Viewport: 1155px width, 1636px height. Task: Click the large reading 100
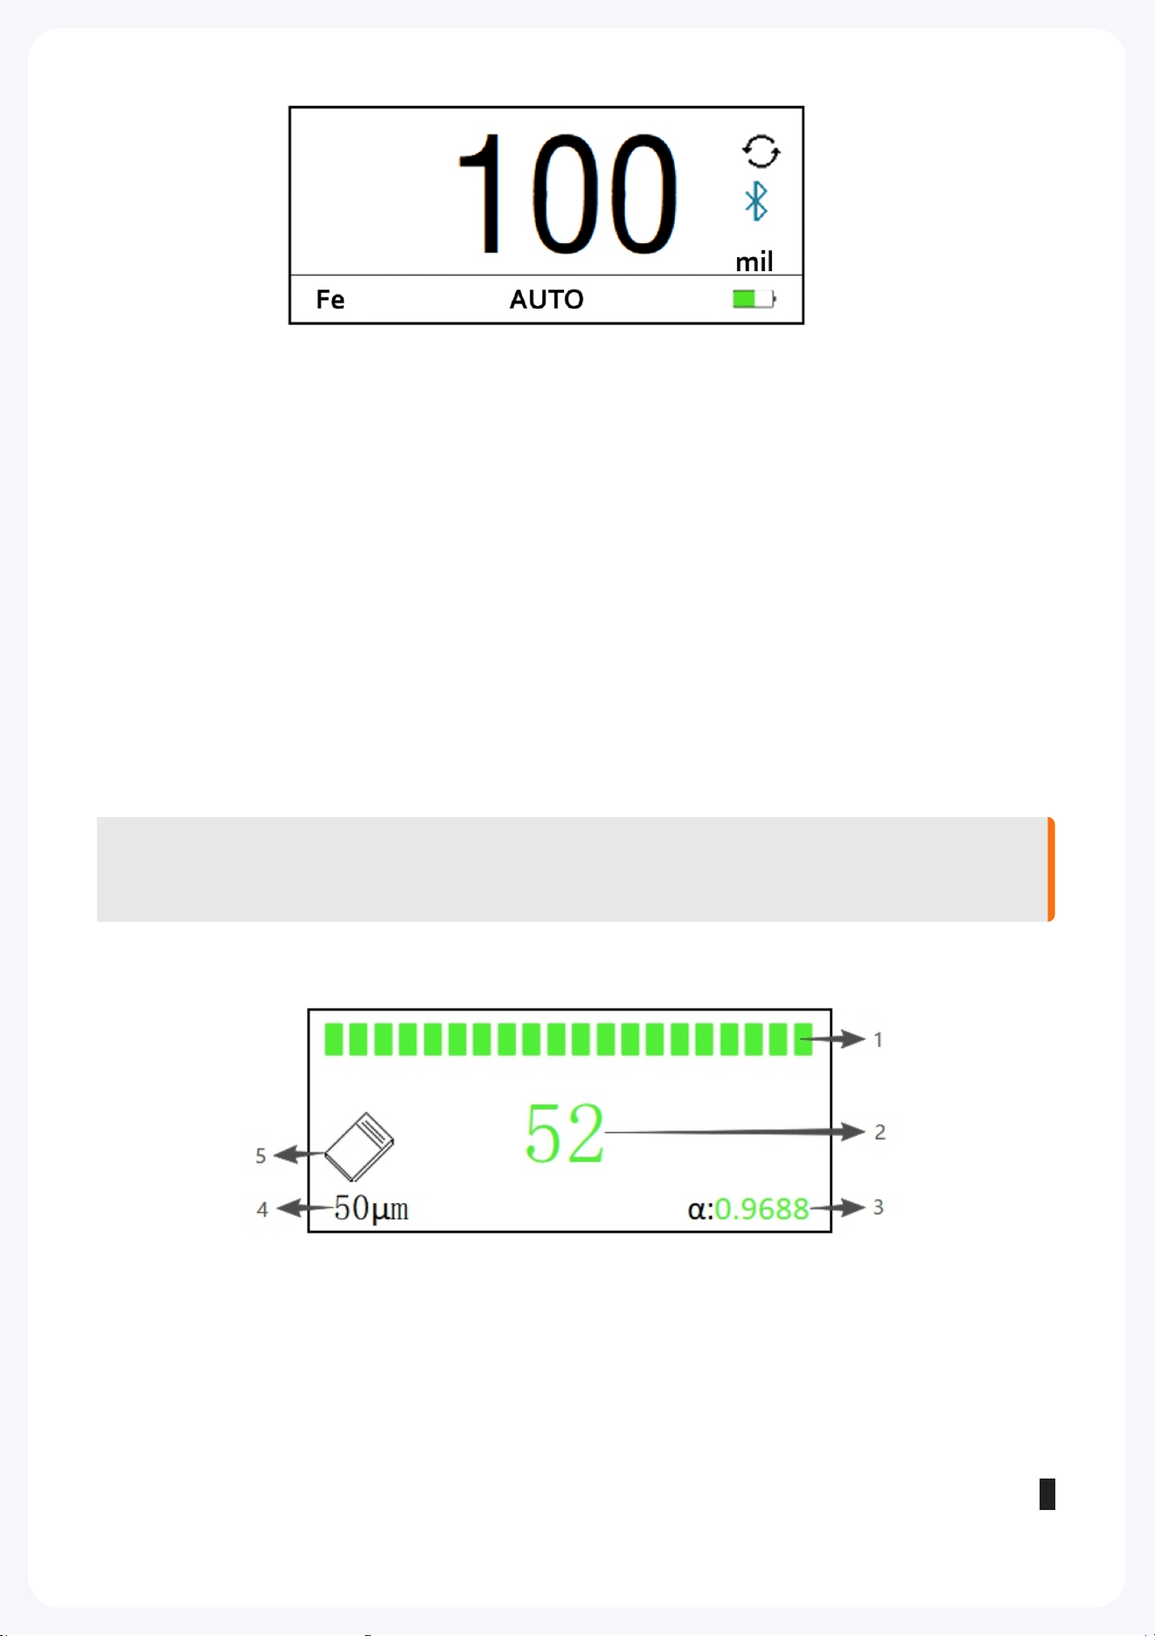point(567,193)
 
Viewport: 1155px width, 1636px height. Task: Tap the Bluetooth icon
point(755,201)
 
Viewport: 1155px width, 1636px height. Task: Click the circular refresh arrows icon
point(761,151)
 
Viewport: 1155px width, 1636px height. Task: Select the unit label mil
point(754,262)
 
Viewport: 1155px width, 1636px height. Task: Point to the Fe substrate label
point(330,300)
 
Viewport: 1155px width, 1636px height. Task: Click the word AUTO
point(546,300)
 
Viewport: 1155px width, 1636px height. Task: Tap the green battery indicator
point(754,299)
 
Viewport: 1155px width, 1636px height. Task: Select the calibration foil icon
point(359,1146)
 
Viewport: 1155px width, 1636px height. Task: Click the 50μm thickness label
point(371,1208)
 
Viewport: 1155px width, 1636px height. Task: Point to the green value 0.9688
point(762,1209)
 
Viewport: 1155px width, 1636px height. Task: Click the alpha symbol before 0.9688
point(696,1210)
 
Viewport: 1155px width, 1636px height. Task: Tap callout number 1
point(878,1040)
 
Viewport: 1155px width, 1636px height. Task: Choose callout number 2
point(880,1132)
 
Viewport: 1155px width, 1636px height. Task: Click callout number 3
point(879,1207)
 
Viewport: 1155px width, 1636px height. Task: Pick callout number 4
point(262,1210)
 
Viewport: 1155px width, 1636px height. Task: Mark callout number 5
point(261,1156)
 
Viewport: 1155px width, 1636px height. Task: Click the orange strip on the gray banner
point(1051,869)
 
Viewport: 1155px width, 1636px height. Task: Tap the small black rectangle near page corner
point(1047,1494)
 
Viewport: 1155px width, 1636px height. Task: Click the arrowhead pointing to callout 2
point(852,1132)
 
